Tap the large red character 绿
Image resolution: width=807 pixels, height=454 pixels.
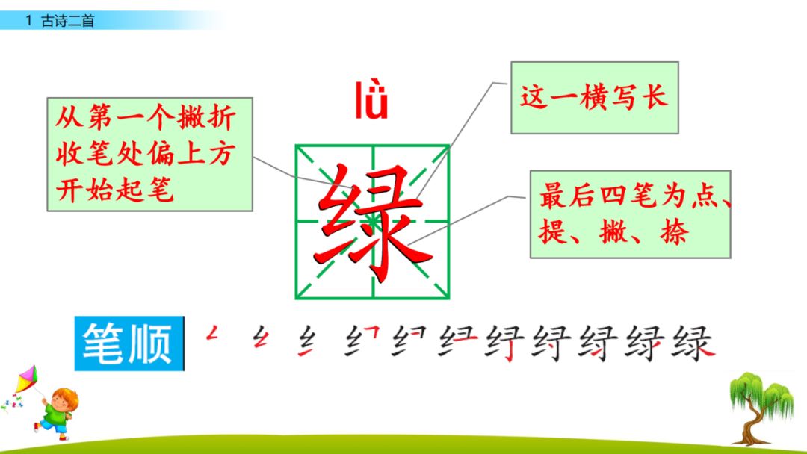371,222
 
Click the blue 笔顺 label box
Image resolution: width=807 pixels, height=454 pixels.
129,344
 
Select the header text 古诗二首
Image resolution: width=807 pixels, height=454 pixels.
69,22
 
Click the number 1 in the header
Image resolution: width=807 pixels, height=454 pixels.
28,22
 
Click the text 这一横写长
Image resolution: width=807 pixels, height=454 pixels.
594,98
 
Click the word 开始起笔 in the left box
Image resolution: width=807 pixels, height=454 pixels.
115,190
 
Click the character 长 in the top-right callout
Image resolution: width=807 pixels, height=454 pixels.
654,98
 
